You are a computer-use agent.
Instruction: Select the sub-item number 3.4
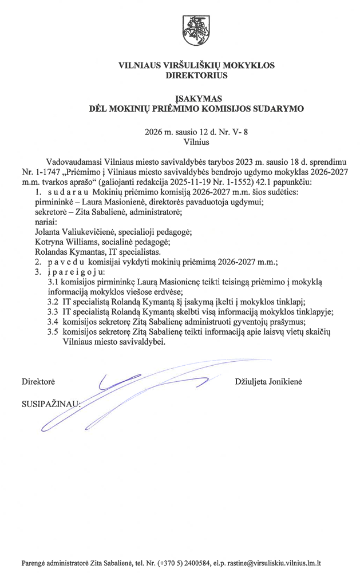pyautogui.click(x=53, y=322)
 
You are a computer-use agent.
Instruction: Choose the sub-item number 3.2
pyautogui.click(x=53, y=302)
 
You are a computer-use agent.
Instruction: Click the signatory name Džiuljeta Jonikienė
pyautogui.click(x=272, y=380)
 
